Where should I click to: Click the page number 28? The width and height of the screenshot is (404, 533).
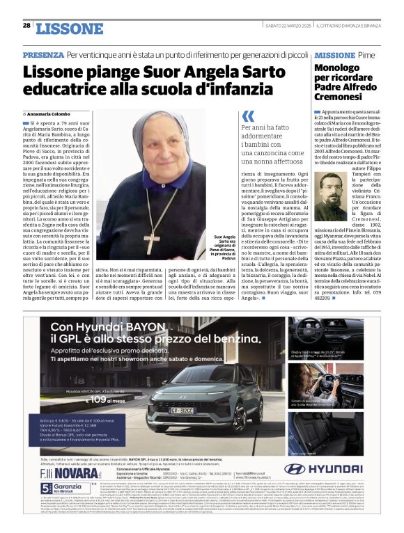coord(26,25)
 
